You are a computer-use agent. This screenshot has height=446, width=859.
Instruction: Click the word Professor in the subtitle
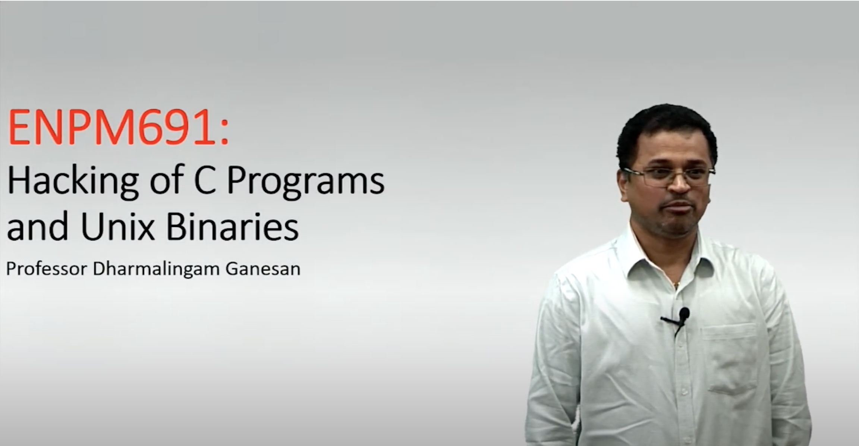pyautogui.click(x=47, y=269)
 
